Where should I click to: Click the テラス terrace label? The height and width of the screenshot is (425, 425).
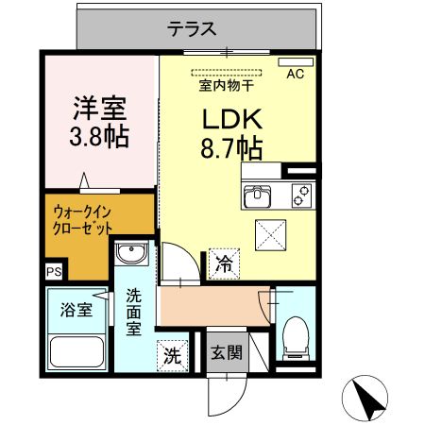193,29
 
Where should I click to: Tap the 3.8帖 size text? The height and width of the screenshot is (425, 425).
99,136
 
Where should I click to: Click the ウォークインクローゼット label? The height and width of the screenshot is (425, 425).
83,221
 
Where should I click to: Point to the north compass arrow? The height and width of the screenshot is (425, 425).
371,398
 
